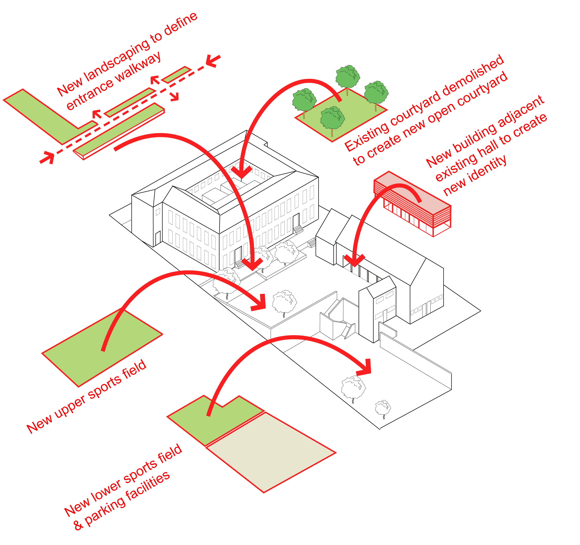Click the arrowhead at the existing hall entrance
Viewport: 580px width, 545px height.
[354, 261]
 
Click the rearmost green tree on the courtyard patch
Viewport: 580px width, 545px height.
[347, 77]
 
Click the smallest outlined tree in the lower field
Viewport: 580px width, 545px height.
[383, 408]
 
